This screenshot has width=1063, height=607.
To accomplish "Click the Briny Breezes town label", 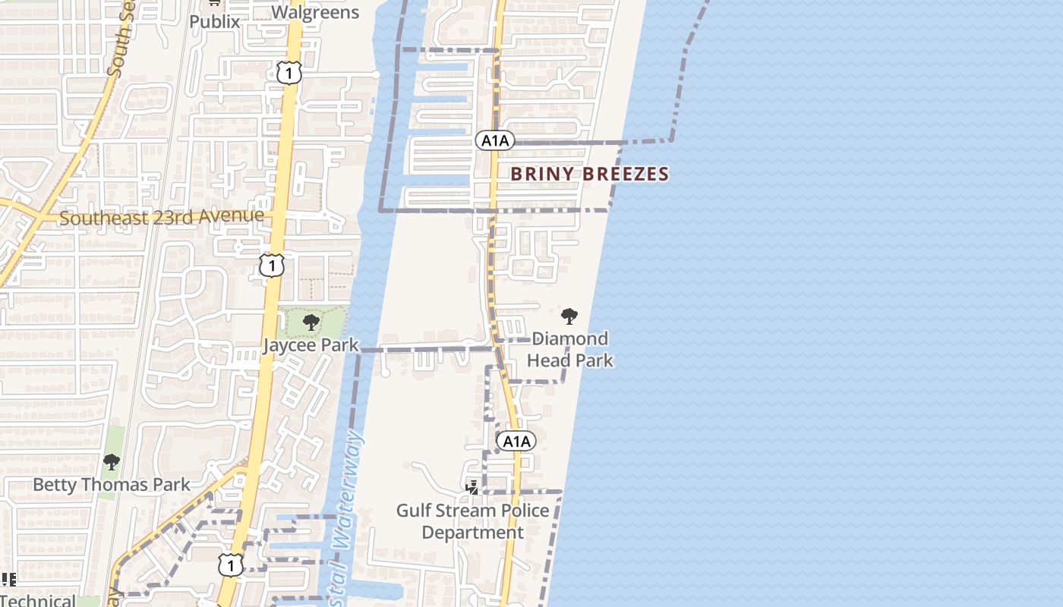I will click(589, 174).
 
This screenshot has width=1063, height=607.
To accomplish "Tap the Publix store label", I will click(214, 21).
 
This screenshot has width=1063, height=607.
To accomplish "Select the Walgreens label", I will click(315, 12).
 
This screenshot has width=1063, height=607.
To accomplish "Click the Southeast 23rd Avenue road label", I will click(162, 217).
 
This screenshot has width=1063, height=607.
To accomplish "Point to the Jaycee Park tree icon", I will click(311, 322).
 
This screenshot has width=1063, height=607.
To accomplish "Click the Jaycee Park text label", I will click(311, 344).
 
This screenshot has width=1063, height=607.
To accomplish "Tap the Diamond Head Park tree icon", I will click(569, 316).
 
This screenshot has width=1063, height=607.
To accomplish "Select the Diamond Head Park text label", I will click(569, 349).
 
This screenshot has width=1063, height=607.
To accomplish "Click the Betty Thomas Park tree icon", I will click(112, 461).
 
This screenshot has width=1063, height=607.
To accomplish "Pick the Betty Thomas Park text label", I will click(112, 484).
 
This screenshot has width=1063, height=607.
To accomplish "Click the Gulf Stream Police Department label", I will click(472, 521).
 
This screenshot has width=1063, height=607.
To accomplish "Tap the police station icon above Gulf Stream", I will click(472, 487).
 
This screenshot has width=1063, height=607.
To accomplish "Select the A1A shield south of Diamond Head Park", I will click(516, 441).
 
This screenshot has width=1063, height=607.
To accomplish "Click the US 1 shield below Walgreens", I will click(289, 73).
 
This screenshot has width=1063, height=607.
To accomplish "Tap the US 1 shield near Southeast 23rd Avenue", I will click(272, 265).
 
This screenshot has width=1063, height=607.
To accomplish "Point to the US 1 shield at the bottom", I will click(231, 565).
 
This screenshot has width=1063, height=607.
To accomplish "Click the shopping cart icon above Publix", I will click(214, 3).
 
